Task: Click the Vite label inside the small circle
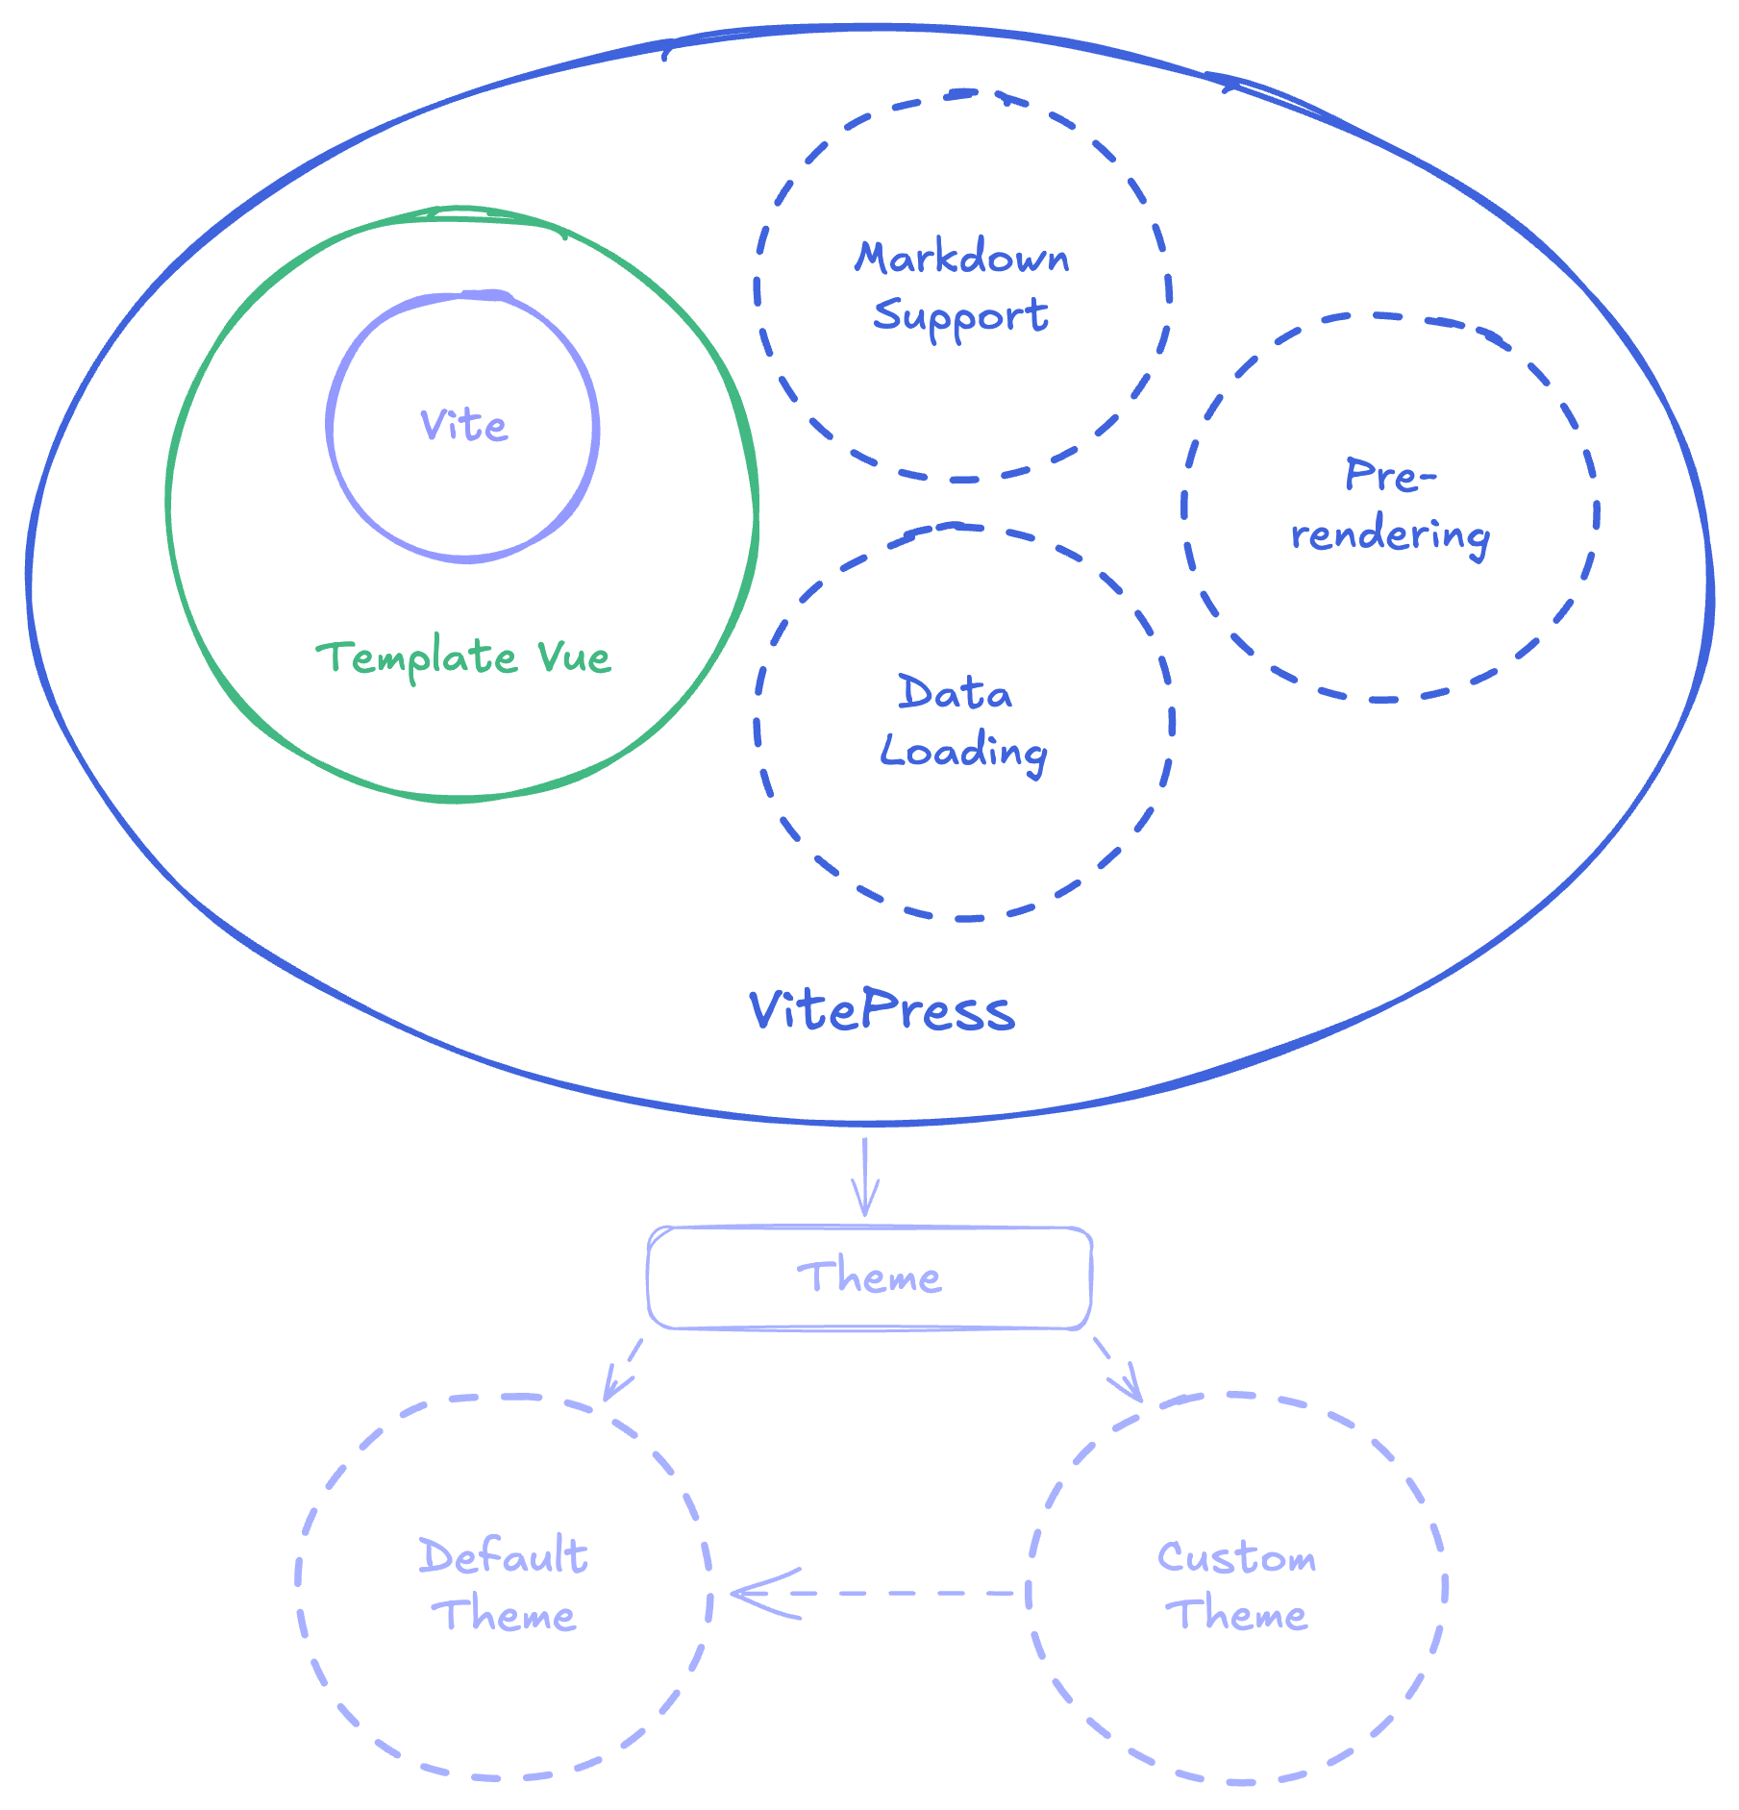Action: click(x=463, y=426)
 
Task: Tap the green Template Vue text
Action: click(x=463, y=658)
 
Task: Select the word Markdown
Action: click(x=962, y=258)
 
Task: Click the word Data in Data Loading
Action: click(x=955, y=693)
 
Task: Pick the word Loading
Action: click(x=963, y=752)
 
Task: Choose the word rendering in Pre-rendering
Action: click(x=1390, y=535)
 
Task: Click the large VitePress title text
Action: click(x=882, y=1011)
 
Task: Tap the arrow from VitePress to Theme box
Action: click(x=865, y=1178)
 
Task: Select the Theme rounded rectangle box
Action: click(x=869, y=1277)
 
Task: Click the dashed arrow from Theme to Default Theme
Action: click(x=624, y=1369)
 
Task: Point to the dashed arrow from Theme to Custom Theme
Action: click(x=1117, y=1369)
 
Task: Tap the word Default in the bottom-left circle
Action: click(x=503, y=1556)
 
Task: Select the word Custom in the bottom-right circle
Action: click(x=1236, y=1557)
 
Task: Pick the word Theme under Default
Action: click(x=505, y=1615)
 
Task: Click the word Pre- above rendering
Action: click(x=1390, y=476)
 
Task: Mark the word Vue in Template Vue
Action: click(x=574, y=658)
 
